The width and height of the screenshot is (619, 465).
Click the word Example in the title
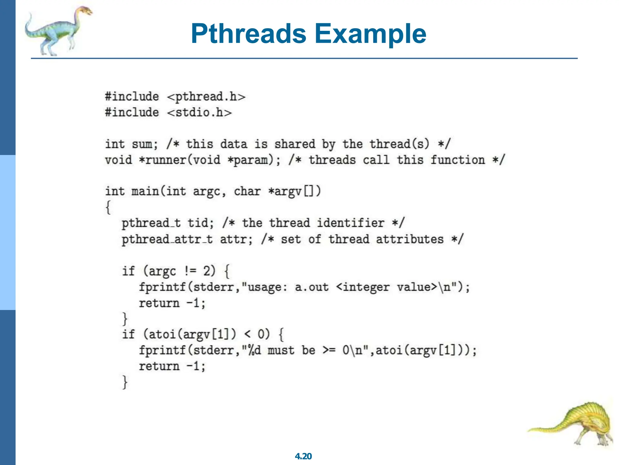click(x=370, y=34)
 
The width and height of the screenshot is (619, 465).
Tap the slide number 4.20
click(x=303, y=456)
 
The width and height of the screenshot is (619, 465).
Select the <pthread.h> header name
click(x=206, y=97)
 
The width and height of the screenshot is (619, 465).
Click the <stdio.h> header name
click(x=199, y=113)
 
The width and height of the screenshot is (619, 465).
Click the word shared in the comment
click(x=295, y=144)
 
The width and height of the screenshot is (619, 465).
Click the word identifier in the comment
click(x=351, y=223)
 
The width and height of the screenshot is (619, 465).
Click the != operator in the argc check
click(x=190, y=271)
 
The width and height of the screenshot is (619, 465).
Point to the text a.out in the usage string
click(x=312, y=287)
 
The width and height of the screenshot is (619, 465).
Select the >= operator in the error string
click(x=329, y=350)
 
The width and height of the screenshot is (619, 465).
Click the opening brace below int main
click(x=108, y=207)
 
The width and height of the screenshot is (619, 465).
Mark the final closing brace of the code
click(x=125, y=382)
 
